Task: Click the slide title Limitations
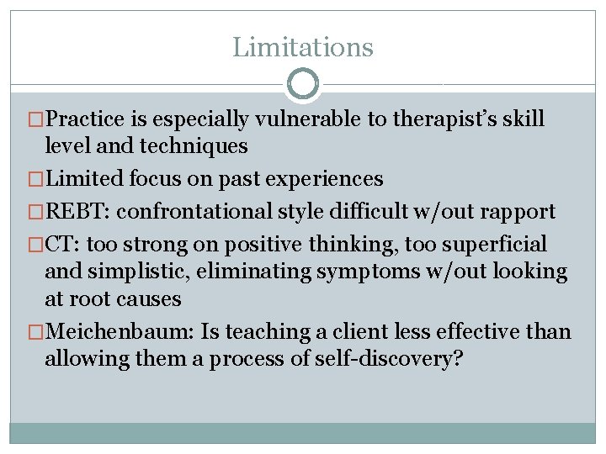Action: pyautogui.click(x=303, y=47)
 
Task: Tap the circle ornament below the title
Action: pyautogui.click(x=303, y=84)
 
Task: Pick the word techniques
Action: pyautogui.click(x=195, y=146)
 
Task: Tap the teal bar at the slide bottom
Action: pyautogui.click(x=303, y=432)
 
